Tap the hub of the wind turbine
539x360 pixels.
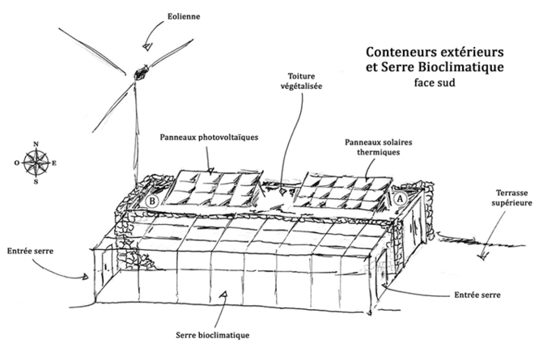point(143,73)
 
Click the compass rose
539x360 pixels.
point(36,163)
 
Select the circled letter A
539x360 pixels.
point(399,197)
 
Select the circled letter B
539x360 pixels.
point(152,201)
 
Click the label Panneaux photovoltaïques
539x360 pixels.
point(209,138)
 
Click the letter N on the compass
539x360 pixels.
point(36,145)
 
